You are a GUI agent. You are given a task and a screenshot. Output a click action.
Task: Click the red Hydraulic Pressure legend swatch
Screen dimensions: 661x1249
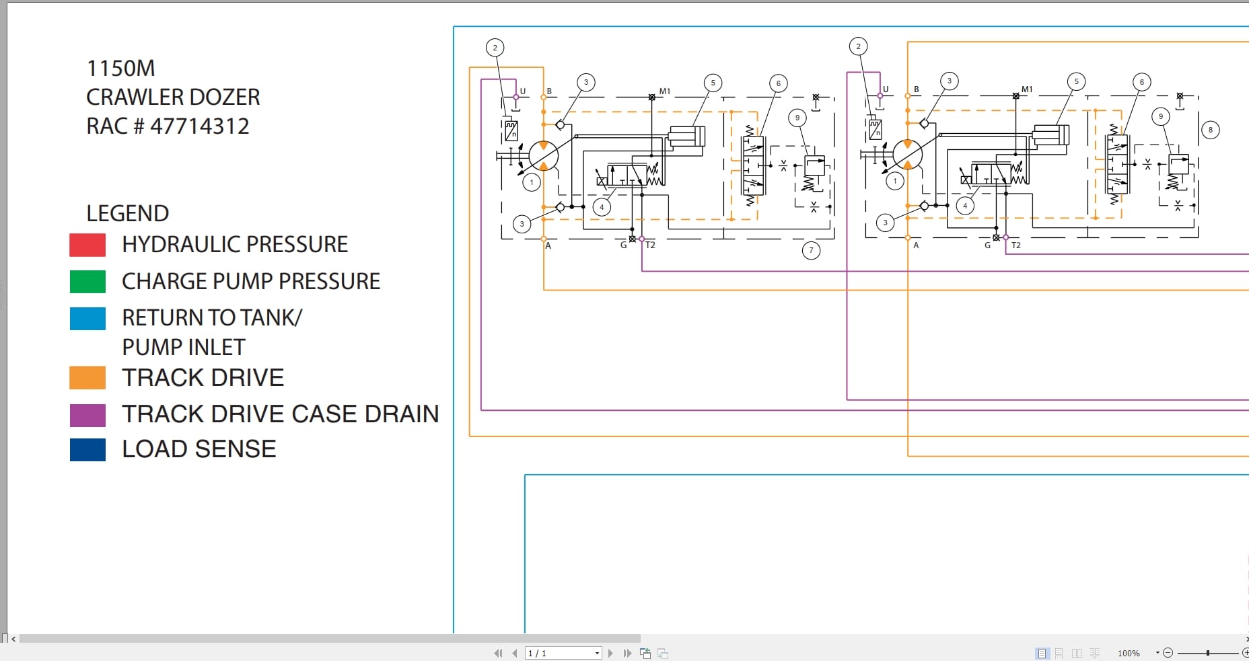pyautogui.click(x=87, y=245)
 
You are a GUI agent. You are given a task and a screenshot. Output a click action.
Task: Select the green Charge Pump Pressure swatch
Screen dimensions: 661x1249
pyautogui.click(x=87, y=281)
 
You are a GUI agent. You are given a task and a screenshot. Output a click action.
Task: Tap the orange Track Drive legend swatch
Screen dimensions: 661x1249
pyautogui.click(x=87, y=377)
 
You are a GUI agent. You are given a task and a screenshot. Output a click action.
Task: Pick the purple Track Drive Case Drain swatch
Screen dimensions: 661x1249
pyautogui.click(x=87, y=415)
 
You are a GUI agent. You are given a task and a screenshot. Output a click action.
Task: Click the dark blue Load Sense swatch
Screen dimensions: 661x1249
pyautogui.click(x=87, y=449)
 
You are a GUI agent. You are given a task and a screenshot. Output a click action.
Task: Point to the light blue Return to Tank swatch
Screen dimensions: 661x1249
pyautogui.click(x=87, y=318)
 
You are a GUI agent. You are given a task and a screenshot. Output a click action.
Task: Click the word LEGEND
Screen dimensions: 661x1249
pyautogui.click(x=127, y=213)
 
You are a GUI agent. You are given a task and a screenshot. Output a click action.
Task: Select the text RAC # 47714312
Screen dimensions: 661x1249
pyautogui.click(x=168, y=126)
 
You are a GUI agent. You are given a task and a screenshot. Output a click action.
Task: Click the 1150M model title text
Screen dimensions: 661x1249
pyautogui.click(x=120, y=68)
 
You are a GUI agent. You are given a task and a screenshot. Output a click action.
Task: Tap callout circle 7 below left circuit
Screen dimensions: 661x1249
pyautogui.click(x=811, y=250)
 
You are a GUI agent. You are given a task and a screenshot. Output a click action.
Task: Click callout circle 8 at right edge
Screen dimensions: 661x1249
pyautogui.click(x=1210, y=130)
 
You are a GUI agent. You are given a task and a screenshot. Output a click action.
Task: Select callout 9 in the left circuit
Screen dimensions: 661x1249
pyautogui.click(x=797, y=118)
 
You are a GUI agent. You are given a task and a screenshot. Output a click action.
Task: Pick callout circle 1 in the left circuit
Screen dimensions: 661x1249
pyautogui.click(x=532, y=182)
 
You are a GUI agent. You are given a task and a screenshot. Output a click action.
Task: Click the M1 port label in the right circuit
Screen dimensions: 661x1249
pyautogui.click(x=1026, y=89)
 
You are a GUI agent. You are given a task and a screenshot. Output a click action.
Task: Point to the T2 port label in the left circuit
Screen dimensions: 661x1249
pyautogui.click(x=650, y=245)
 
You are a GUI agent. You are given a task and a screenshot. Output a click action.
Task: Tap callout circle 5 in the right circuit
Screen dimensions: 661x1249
pyautogui.click(x=1076, y=81)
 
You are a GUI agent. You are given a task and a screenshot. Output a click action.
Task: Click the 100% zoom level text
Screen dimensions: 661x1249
pyautogui.click(x=1129, y=653)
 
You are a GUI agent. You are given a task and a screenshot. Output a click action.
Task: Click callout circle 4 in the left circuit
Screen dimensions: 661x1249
pyautogui.click(x=602, y=207)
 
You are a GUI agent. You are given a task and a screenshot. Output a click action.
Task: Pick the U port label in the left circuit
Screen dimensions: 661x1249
pyautogui.click(x=522, y=91)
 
